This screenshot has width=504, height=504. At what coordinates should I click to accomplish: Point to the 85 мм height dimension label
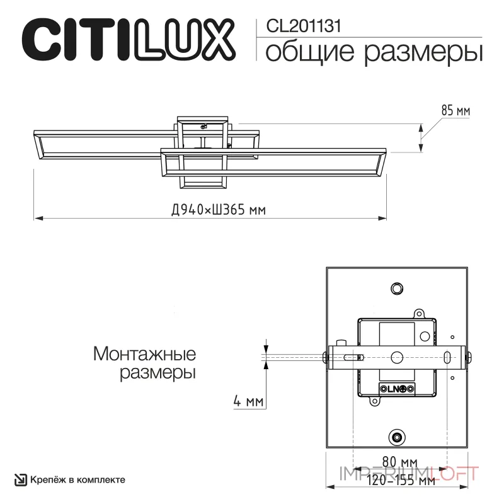tap(455, 111)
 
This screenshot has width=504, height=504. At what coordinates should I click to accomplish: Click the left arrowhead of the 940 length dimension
tap(38, 219)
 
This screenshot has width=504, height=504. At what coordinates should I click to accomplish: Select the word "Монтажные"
tap(144, 353)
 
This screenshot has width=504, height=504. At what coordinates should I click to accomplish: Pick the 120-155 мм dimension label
tap(401, 481)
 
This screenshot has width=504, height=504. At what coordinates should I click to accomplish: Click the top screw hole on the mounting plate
tap(397, 288)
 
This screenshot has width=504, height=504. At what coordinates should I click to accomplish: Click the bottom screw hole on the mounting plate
tap(397, 437)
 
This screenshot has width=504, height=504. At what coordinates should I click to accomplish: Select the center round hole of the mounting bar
tap(397, 357)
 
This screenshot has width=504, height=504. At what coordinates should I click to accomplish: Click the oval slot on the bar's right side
tap(447, 357)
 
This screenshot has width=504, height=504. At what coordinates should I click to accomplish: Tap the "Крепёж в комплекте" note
tap(77, 479)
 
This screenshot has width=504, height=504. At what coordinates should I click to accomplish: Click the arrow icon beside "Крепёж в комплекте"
tap(21, 479)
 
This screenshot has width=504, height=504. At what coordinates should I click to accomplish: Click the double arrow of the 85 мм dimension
tap(421, 137)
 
